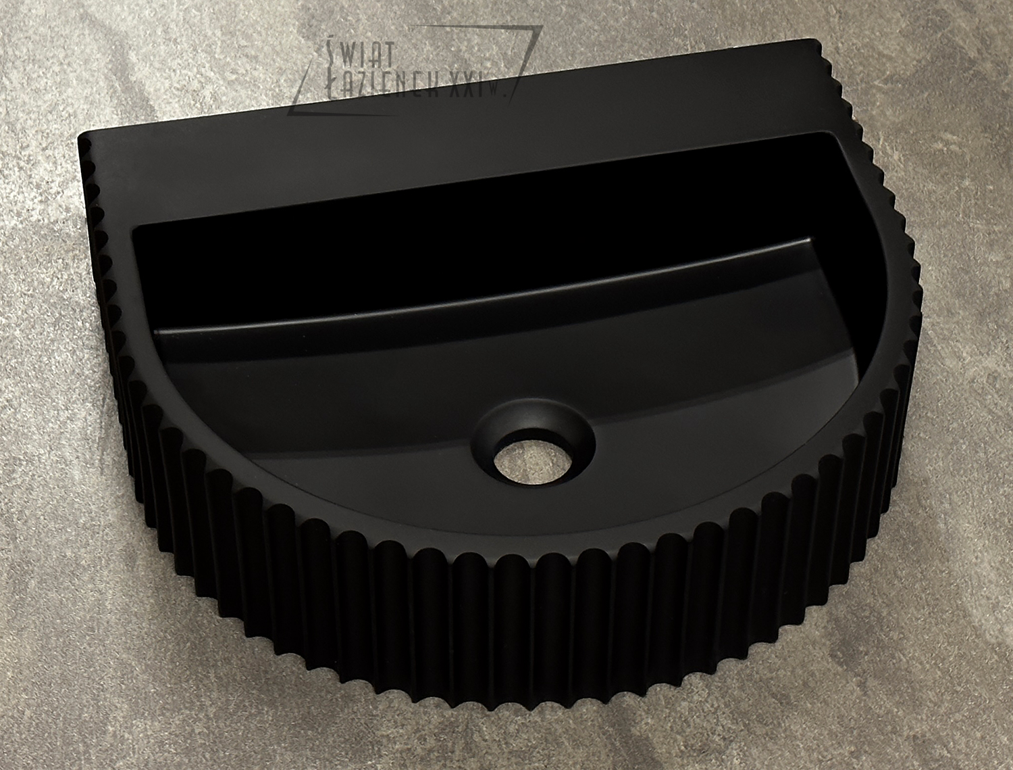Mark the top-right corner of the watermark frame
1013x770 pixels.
(542, 26)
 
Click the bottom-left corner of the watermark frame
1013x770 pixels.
(288, 114)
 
